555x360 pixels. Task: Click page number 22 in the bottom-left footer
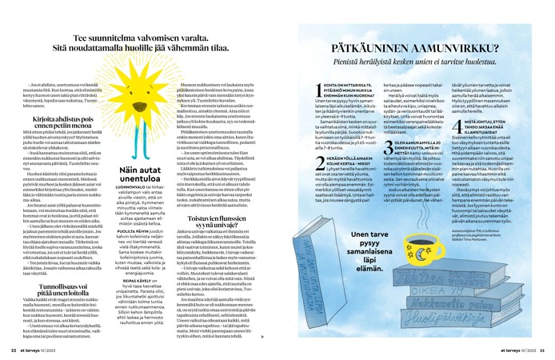pyautogui.click(x=14, y=350)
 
